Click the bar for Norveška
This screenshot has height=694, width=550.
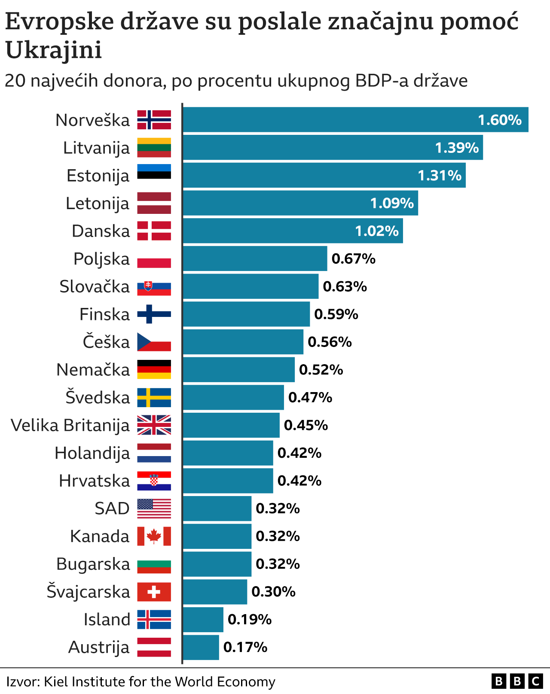click(x=355, y=119)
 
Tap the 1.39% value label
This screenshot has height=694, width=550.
click(x=456, y=148)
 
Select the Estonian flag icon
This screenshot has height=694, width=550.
click(x=154, y=172)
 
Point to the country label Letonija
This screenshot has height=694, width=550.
click(x=98, y=203)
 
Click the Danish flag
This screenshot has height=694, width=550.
click(x=154, y=231)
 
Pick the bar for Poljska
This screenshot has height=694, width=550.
click(x=255, y=259)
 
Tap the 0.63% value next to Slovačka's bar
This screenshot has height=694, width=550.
click(x=345, y=286)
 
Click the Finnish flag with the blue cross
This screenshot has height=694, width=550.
click(x=154, y=314)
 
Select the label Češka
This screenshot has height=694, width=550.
click(x=106, y=342)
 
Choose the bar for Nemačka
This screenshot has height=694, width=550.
click(x=238, y=370)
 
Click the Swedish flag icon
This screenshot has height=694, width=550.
click(x=154, y=397)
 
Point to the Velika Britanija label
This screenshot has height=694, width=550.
click(x=70, y=425)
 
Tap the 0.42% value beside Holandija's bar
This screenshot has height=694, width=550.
click(x=299, y=453)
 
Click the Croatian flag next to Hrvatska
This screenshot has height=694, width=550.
click(x=154, y=481)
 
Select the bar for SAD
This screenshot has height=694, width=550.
click(x=217, y=508)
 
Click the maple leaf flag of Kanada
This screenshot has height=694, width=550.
click(x=154, y=536)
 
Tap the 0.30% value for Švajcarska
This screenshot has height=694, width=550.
click(x=273, y=591)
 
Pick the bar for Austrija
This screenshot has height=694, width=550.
click(x=201, y=647)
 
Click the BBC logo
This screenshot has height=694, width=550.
click(x=517, y=681)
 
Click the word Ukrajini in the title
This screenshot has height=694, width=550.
click(x=54, y=50)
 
